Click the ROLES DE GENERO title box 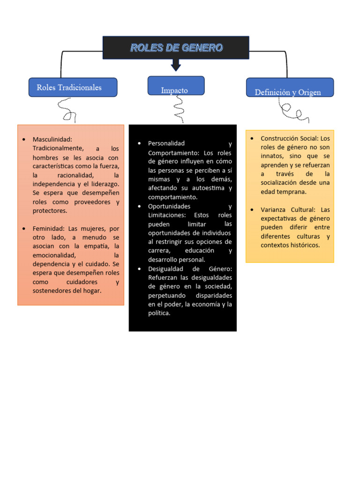point(176,48)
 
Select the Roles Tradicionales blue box point(73,87)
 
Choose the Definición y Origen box point(290,88)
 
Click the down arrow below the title point(176,65)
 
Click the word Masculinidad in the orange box point(52,139)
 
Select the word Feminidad point(49,229)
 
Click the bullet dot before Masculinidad point(23,139)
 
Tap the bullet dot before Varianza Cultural point(251,210)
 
